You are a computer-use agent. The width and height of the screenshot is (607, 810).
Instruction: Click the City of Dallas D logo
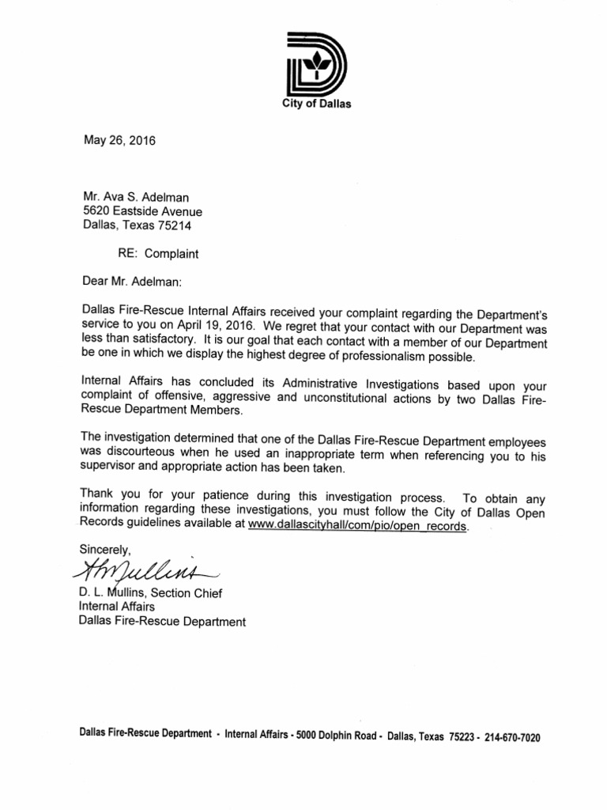pyautogui.click(x=315, y=65)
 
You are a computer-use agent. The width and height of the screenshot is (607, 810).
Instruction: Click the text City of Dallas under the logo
pyautogui.click(x=316, y=104)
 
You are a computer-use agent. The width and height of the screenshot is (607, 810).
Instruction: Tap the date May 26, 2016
pyautogui.click(x=120, y=142)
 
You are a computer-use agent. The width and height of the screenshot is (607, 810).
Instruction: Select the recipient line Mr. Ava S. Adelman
pyautogui.click(x=137, y=197)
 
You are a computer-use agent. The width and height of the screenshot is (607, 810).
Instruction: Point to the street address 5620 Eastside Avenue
pyautogui.click(x=142, y=211)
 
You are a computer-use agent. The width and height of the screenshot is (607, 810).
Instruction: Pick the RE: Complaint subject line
pyautogui.click(x=158, y=254)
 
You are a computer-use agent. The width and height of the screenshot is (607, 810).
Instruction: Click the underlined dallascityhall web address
pyautogui.click(x=358, y=525)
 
